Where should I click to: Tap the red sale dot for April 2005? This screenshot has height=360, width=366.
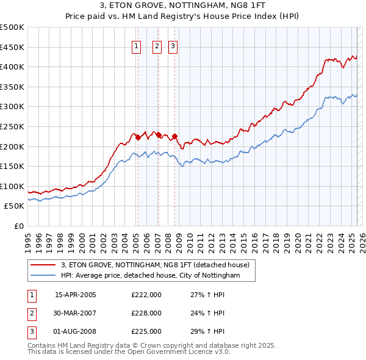click(x=138, y=137)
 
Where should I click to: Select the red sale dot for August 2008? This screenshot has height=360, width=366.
click(x=174, y=136)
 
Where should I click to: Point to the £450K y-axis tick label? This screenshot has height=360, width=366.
click(x=12, y=47)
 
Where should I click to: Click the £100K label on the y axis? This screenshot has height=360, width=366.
click(x=12, y=186)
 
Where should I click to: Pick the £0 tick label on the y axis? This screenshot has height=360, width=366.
click(x=20, y=226)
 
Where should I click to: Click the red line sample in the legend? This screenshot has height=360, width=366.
click(x=43, y=265)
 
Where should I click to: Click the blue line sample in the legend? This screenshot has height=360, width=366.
click(x=43, y=276)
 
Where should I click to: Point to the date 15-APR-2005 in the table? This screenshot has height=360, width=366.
click(x=76, y=295)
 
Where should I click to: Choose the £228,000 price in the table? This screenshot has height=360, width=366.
click(x=146, y=313)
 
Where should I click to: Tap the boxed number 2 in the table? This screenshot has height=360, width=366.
click(x=31, y=313)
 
